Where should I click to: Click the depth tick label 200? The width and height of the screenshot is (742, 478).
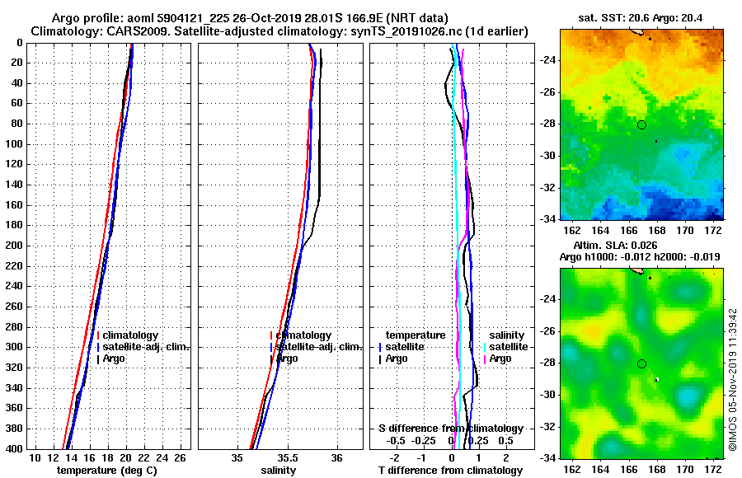[14, 246]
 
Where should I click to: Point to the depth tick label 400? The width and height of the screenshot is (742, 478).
[14, 449]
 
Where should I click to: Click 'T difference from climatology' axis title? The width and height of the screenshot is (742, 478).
[450, 471]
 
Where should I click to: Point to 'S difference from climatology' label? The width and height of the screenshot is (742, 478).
[450, 429]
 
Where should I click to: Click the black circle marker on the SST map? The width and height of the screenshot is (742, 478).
[641, 124]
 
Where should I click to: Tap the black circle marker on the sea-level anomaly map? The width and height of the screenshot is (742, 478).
[641, 363]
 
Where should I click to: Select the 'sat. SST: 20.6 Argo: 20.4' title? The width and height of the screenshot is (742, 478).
[640, 17]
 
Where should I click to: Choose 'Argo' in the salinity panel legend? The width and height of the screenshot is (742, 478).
[288, 358]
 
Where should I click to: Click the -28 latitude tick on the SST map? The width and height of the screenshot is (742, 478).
[547, 124]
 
